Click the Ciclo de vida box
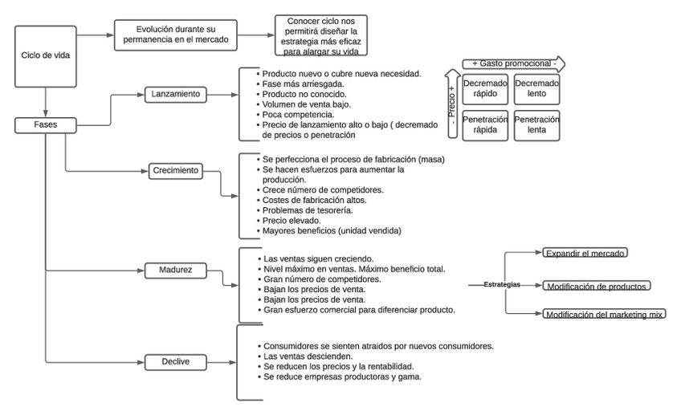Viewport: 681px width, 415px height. pos(46,55)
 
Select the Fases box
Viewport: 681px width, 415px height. pos(46,125)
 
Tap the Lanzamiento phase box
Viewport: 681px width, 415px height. pos(175,94)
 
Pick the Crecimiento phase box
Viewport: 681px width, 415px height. pos(175,170)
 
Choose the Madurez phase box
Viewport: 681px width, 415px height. pos(175,269)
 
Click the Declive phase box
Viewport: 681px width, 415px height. pos(175,362)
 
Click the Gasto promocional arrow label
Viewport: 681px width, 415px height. pos(512,63)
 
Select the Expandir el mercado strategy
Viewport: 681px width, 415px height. pos(585,253)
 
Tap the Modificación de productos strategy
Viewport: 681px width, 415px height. pos(597,286)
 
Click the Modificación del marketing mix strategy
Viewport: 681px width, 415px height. pos(604,315)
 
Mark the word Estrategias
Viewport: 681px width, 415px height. pos(502,284)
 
